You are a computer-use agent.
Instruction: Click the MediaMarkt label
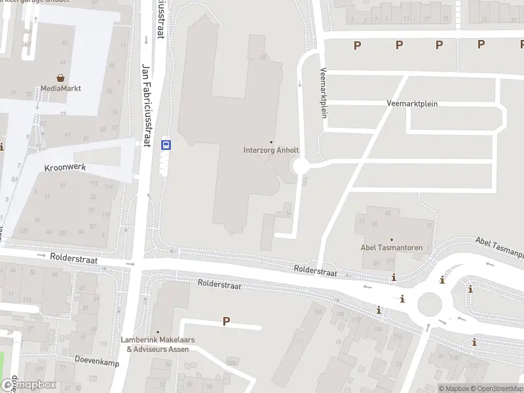(x=60, y=88)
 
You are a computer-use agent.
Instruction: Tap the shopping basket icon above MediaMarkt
(x=60, y=77)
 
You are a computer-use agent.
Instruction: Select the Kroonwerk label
(x=65, y=168)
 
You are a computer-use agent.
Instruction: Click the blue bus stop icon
(x=166, y=145)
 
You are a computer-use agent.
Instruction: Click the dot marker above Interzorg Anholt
(x=271, y=142)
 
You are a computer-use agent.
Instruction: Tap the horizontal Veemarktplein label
(x=412, y=103)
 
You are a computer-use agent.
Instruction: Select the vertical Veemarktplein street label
(x=323, y=92)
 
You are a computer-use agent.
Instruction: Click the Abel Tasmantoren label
(x=392, y=248)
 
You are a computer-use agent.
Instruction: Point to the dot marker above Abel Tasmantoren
(x=392, y=239)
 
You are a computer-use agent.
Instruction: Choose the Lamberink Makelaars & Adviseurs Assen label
(x=157, y=345)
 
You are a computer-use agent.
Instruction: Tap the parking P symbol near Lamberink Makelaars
(x=227, y=321)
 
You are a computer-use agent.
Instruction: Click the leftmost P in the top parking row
(x=357, y=45)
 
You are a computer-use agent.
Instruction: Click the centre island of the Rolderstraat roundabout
(x=430, y=303)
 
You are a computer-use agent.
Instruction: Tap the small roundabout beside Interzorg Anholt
(x=301, y=166)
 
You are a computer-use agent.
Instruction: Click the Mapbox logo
(x=28, y=384)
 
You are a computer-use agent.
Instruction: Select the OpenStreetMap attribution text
(x=495, y=388)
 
